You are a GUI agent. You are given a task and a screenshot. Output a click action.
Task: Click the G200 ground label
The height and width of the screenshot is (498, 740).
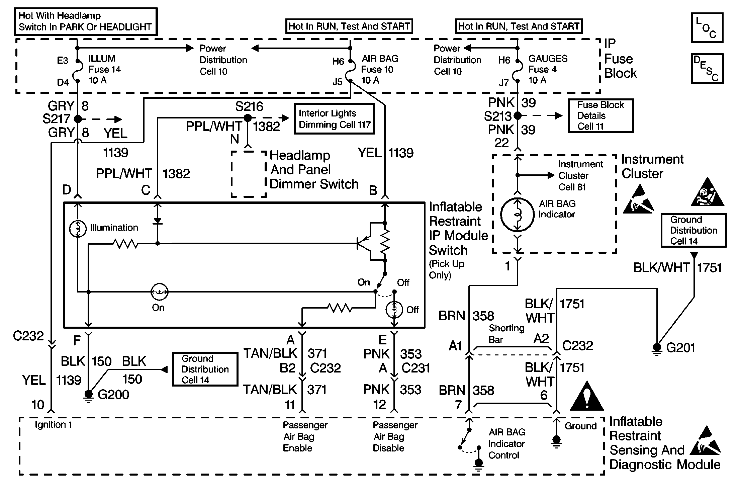click(113, 395)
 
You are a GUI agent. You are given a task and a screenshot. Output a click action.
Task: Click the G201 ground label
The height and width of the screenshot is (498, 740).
click(680, 348)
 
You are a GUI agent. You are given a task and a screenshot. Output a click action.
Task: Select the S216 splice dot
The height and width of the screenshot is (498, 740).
click(248, 118)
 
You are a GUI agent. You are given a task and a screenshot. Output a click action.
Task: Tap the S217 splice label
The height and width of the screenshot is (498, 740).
click(56, 119)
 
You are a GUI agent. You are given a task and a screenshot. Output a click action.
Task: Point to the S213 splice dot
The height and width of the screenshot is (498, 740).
click(518, 116)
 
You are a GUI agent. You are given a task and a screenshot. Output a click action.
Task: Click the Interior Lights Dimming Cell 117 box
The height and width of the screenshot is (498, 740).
click(334, 119)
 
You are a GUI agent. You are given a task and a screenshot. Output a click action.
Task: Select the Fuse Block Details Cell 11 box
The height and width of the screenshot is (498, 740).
click(600, 115)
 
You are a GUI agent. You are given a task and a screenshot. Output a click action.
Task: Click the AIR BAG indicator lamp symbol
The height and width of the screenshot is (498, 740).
click(517, 215)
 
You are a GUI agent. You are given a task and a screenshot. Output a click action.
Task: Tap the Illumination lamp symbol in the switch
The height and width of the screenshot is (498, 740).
click(78, 229)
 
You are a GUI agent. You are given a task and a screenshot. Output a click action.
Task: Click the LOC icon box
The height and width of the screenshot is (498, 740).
click(707, 28)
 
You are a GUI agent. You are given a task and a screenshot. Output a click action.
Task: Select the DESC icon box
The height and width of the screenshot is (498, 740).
click(707, 69)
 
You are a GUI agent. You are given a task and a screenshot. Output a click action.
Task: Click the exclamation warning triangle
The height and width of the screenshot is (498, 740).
click(586, 397)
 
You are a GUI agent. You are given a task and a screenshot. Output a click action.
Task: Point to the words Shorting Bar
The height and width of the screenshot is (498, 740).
click(506, 334)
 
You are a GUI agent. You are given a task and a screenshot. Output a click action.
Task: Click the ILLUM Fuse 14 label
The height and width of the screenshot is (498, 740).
click(104, 69)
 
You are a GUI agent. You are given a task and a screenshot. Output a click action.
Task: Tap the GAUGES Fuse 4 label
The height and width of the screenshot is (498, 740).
click(547, 69)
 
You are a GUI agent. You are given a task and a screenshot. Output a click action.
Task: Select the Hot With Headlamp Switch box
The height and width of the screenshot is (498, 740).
click(85, 21)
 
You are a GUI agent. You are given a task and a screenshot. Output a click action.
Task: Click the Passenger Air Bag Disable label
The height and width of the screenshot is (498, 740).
click(395, 436)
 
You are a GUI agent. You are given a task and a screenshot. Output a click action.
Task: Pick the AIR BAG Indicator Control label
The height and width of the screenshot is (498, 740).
click(506, 443)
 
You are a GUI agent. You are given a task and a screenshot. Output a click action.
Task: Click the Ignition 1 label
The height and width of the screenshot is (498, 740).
click(53, 425)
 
